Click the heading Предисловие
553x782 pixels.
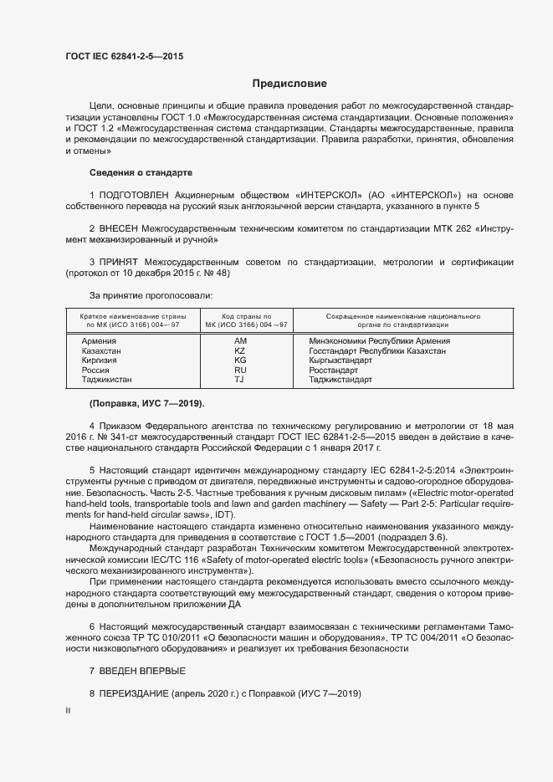coord(289,84)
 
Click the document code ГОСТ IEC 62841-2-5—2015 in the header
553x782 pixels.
coord(124,57)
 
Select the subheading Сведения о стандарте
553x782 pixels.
coord(141,172)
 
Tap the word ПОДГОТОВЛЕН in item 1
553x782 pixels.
coord(140,194)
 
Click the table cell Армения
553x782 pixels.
coord(98,341)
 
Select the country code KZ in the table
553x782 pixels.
coord(241,351)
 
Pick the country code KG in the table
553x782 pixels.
coord(241,360)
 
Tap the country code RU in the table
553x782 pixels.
coord(241,370)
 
